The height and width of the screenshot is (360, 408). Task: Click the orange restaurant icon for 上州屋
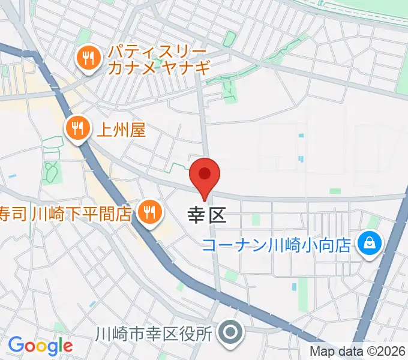coord(77,128)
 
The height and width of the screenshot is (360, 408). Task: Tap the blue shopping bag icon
coord(366,243)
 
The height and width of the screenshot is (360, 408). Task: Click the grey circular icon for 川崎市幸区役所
coord(229,332)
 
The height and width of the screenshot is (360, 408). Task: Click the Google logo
coord(40,346)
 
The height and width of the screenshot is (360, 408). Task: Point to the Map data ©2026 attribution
coord(358,352)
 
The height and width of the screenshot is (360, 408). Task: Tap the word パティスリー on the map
coord(157,51)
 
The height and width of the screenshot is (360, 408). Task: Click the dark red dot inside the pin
coord(205,174)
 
